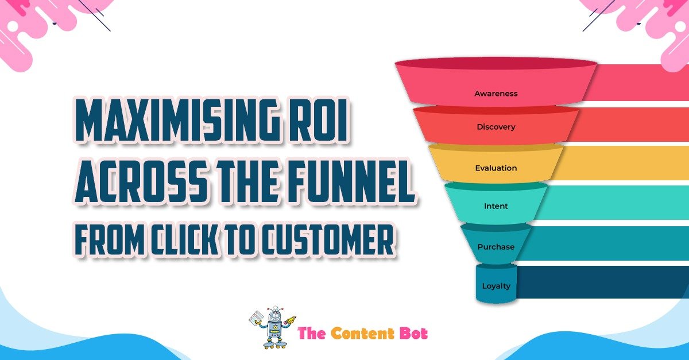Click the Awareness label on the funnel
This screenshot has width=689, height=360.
(496, 94)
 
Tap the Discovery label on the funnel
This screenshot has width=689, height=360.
(496, 127)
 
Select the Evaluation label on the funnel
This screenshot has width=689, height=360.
(496, 168)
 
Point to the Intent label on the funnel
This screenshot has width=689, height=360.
(496, 206)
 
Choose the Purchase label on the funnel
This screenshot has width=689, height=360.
(496, 247)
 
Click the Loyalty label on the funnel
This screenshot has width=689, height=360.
(496, 286)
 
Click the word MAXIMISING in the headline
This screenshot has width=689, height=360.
(177, 120)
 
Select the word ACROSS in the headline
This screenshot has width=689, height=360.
(141, 181)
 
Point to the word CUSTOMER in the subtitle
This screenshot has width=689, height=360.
(328, 239)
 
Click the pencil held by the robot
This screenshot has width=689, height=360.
(291, 319)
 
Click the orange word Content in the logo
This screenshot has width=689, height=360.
(362, 333)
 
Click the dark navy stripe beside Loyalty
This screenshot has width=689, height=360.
(602, 282)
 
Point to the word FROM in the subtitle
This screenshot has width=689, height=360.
(110, 239)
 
